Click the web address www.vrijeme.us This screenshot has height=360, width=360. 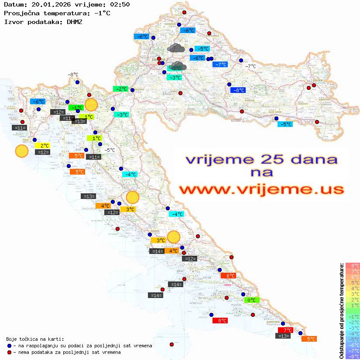tap(261, 189)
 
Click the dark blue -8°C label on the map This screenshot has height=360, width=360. tap(238, 90)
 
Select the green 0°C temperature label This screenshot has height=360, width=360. tap(252, 300)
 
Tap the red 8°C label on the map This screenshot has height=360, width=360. tap(219, 321)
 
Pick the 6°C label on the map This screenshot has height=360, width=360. tap(228, 276)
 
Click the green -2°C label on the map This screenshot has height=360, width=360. tap(120, 89)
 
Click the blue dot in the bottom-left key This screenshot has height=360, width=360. tap(9, 346)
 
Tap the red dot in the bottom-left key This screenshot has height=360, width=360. tap(9, 352)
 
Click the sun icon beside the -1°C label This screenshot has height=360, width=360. tap(91, 105)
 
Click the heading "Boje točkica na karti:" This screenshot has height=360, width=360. tap(35, 339)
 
